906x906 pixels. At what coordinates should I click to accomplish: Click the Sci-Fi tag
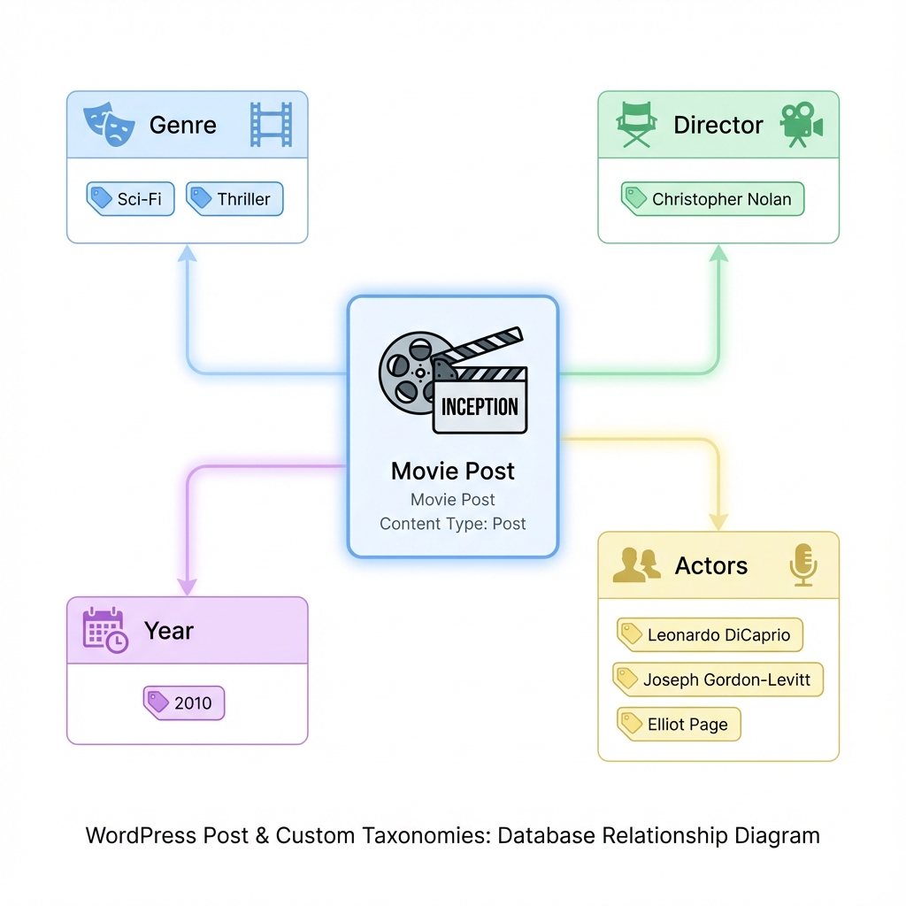click(x=130, y=199)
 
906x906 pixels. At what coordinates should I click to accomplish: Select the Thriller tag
click(x=234, y=199)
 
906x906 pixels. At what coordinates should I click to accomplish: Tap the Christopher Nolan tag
click(x=712, y=199)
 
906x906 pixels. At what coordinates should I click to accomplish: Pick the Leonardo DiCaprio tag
click(x=709, y=634)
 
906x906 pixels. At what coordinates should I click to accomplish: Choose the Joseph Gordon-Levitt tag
click(x=718, y=679)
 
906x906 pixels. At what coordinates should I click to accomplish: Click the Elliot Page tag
click(x=679, y=724)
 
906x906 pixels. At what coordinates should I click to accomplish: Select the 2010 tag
click(x=184, y=703)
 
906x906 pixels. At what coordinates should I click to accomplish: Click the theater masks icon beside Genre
click(x=110, y=125)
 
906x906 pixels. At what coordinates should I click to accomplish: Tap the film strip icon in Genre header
click(x=270, y=124)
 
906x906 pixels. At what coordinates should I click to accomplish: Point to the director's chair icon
click(x=636, y=125)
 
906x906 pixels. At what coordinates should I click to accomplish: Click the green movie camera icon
click(x=801, y=125)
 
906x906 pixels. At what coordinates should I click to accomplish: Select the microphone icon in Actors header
click(x=802, y=565)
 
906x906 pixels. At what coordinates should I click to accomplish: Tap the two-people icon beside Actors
click(x=637, y=565)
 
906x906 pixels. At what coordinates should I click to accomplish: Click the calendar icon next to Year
click(x=104, y=631)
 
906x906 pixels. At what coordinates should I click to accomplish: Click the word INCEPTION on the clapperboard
click(x=480, y=407)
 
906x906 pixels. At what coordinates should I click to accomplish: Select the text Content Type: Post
click(x=453, y=524)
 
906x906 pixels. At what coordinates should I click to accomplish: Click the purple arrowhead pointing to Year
click(x=188, y=587)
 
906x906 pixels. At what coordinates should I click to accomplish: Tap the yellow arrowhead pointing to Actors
click(x=718, y=521)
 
